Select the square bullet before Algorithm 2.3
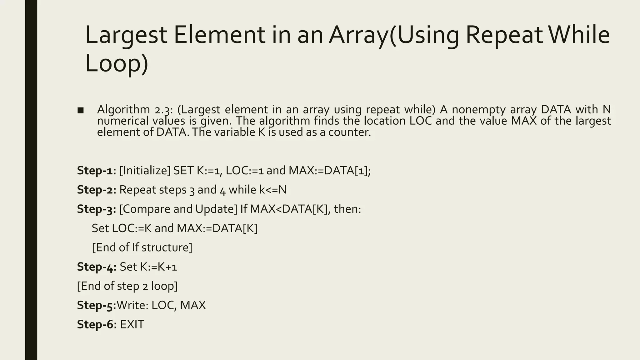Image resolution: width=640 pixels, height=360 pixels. pos(81,110)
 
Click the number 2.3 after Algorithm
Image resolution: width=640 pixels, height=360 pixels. pos(164,110)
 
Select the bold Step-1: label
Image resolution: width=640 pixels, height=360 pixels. pos(97,171)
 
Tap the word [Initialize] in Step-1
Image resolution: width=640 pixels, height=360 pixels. pos(145,171)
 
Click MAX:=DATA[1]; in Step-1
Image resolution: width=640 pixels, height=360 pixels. pos(330,171)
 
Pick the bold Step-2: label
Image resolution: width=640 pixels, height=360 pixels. pos(97,190)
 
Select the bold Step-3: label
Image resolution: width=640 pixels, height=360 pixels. pos(97,209)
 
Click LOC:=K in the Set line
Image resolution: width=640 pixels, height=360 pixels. pos(132,228)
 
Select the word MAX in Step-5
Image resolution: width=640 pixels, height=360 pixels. pos(193,305)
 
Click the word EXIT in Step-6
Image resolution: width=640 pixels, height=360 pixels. pos(132,325)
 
